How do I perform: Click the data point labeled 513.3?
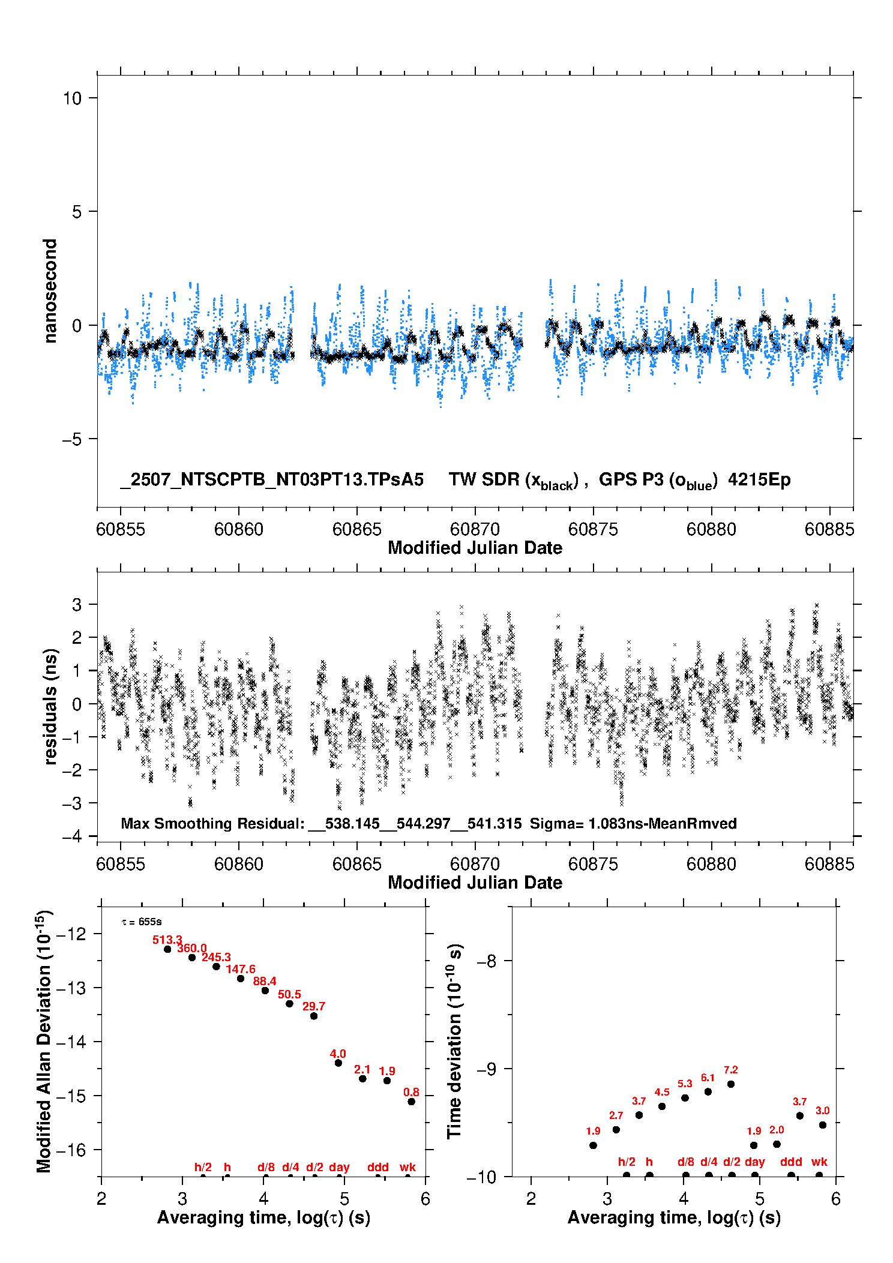[167, 949]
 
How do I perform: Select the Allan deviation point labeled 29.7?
[314, 1016]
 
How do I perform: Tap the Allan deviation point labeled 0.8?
[411, 1102]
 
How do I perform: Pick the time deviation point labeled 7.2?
[731, 1084]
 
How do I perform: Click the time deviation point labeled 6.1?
[708, 1092]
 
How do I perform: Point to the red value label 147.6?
[241, 969]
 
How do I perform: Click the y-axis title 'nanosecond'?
[50, 291]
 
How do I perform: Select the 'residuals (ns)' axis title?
[50, 706]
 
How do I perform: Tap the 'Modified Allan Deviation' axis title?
[44, 1041]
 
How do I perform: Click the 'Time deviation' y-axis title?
[454, 1042]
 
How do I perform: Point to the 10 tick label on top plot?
[72, 98]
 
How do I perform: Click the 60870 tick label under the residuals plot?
[475, 864]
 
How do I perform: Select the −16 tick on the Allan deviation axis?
[74, 1150]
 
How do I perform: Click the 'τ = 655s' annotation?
[142, 922]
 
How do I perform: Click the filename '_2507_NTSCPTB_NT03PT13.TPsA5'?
[272, 479]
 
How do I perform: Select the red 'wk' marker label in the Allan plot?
[407, 1167]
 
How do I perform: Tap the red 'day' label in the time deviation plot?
[754, 1162]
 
